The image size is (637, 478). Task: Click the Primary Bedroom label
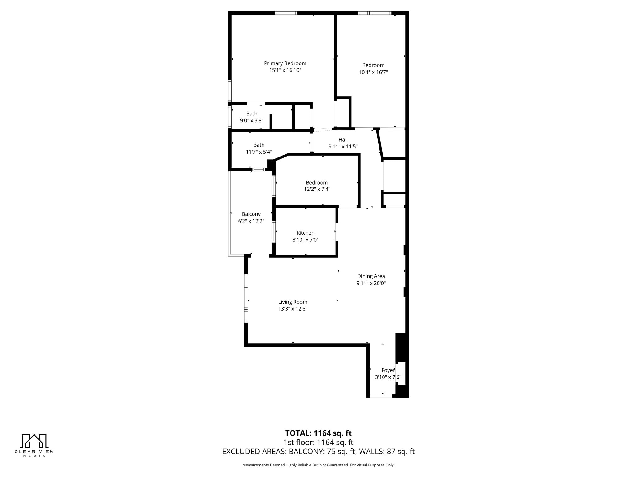(285, 63)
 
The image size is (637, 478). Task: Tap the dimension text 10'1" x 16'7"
(373, 72)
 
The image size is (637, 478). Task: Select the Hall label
(343, 140)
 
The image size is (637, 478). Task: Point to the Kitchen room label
(305, 233)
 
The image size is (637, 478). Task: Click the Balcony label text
(251, 214)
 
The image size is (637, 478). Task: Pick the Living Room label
(293, 302)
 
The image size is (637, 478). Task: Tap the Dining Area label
(371, 276)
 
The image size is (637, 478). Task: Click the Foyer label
(388, 370)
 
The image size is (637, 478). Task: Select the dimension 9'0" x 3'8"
(252, 120)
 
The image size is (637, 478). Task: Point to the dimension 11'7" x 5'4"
(259, 152)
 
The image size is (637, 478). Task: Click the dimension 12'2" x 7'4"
(317, 189)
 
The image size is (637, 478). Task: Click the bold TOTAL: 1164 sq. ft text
(318, 433)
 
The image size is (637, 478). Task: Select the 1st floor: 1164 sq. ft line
(318, 442)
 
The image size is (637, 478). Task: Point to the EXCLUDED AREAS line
(318, 452)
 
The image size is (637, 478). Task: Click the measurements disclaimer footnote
(318, 465)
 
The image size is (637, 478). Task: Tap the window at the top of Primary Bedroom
(286, 13)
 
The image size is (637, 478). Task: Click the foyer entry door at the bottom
(381, 396)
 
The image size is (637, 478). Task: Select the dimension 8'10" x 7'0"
(305, 240)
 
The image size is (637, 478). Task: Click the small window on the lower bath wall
(258, 170)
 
